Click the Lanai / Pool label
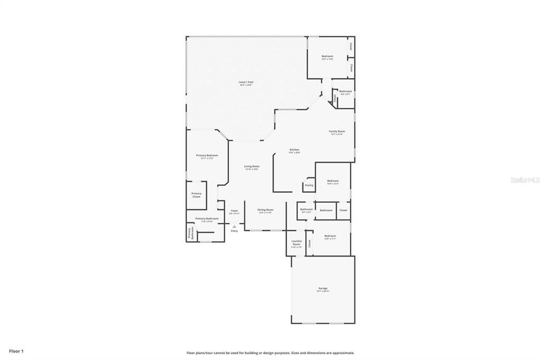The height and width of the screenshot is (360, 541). tap(246, 82)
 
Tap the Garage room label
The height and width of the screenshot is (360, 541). tap(323, 289)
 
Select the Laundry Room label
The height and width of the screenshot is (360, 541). tap(296, 243)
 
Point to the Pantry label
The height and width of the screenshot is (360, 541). tap(309, 185)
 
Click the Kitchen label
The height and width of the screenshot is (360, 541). tap(294, 150)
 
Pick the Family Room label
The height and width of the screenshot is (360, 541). tap(337, 131)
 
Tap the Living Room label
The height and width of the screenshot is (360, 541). tap(251, 166)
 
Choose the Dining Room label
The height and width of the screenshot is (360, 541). tap(265, 210)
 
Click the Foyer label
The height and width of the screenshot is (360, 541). tap(235, 211)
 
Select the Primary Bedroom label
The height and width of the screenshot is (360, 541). tap(207, 156)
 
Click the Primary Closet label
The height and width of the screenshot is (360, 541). tap(196, 195)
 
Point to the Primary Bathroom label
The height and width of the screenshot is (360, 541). tap(207, 219)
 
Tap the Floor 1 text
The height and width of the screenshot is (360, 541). tap(16, 350)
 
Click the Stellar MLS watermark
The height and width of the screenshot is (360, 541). tap(525, 180)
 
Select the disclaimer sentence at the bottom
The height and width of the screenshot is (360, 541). tap(270, 353)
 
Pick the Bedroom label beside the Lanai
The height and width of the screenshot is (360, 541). tap(328, 56)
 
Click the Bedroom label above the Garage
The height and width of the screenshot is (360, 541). tap(330, 236)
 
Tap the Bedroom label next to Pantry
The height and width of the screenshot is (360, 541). tap(332, 181)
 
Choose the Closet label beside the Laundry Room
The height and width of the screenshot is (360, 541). tap(310, 243)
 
